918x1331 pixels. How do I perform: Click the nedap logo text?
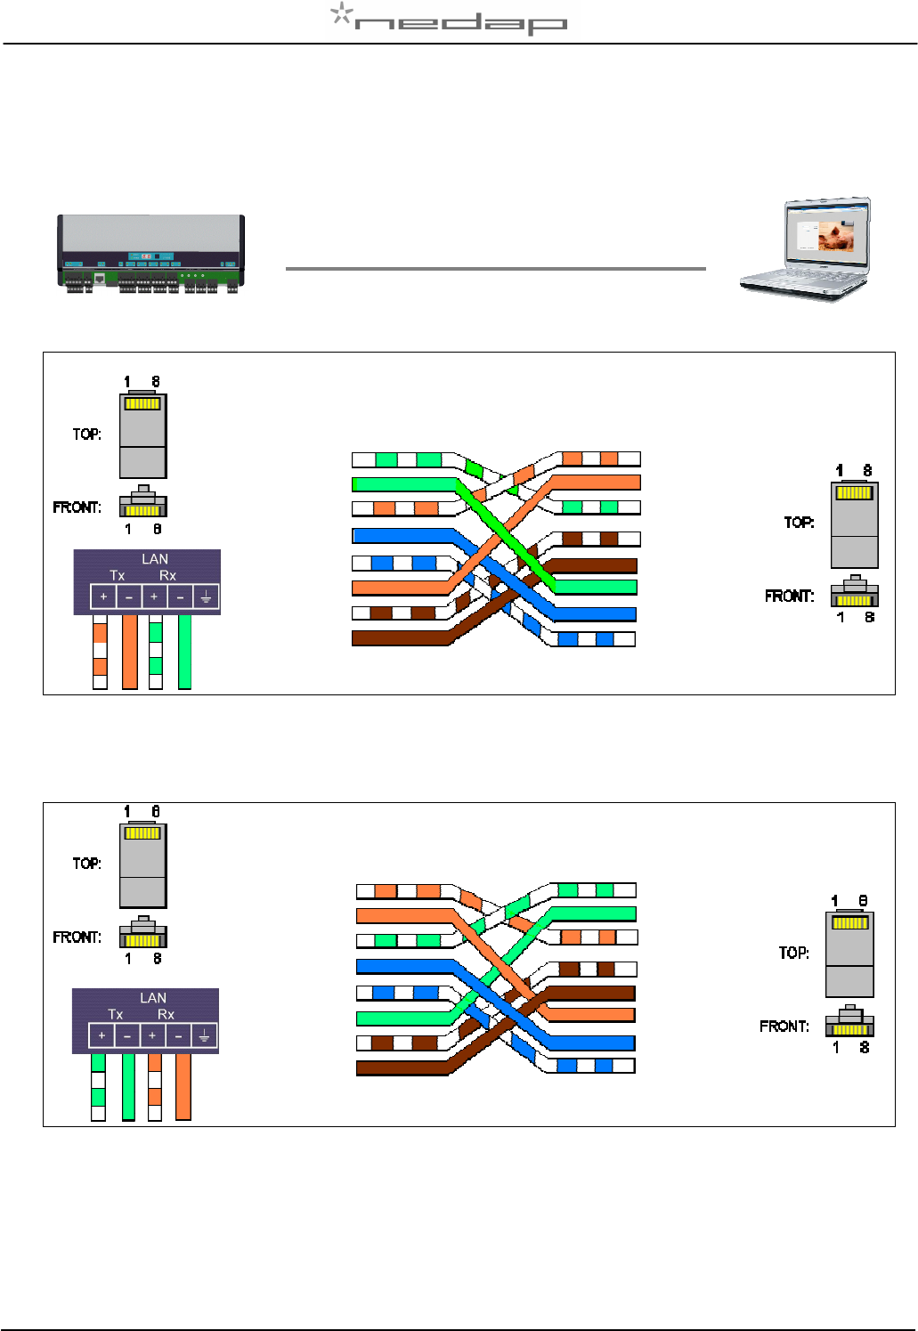tap(460, 23)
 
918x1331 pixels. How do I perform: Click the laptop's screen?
tap(825, 235)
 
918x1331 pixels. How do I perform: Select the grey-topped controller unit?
tap(150, 253)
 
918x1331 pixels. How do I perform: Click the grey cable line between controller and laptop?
tap(495, 268)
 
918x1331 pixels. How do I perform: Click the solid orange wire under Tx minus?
tap(130, 652)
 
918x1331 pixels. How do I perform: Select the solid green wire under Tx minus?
tap(128, 1086)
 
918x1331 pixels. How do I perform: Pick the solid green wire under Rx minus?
tap(184, 652)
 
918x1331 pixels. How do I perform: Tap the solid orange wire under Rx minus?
tap(183, 1086)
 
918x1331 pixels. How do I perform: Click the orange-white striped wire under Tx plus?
tap(101, 652)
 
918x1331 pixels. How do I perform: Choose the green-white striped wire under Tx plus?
tap(98, 1086)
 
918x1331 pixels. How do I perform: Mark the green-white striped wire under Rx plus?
tap(156, 652)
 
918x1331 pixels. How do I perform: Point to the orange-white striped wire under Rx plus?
tap(155, 1086)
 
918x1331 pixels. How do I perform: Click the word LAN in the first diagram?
tap(155, 559)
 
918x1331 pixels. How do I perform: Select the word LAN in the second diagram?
tap(153, 998)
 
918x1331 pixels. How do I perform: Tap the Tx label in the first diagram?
tap(118, 575)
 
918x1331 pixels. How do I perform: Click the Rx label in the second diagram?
tap(166, 1014)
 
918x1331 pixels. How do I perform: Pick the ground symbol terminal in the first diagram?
tap(206, 597)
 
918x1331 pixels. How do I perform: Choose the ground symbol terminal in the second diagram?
tap(204, 1035)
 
